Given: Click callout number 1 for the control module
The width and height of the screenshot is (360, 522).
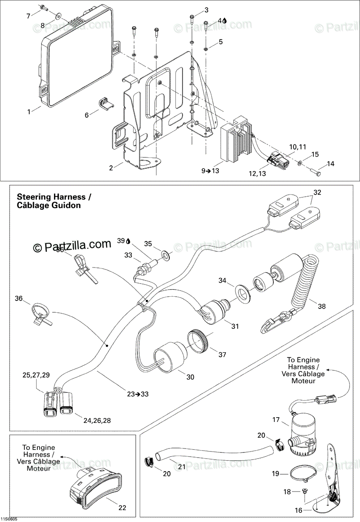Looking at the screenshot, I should pyautogui.click(x=29, y=112).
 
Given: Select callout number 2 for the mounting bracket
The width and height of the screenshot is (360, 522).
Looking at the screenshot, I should pyautogui.click(x=111, y=167).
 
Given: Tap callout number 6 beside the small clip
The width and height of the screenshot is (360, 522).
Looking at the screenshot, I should pyautogui.click(x=86, y=115).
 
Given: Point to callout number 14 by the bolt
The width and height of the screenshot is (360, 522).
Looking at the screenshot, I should pyautogui.click(x=331, y=164).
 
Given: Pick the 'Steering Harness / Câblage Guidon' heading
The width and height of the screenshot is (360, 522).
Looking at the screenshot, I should pyautogui.click(x=54, y=201).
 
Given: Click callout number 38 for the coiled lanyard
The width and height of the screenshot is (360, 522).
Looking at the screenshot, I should pyautogui.click(x=321, y=306).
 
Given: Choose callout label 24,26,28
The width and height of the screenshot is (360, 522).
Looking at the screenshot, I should pyautogui.click(x=97, y=421).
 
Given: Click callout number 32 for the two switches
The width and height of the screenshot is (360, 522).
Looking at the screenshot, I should pyautogui.click(x=317, y=192).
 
